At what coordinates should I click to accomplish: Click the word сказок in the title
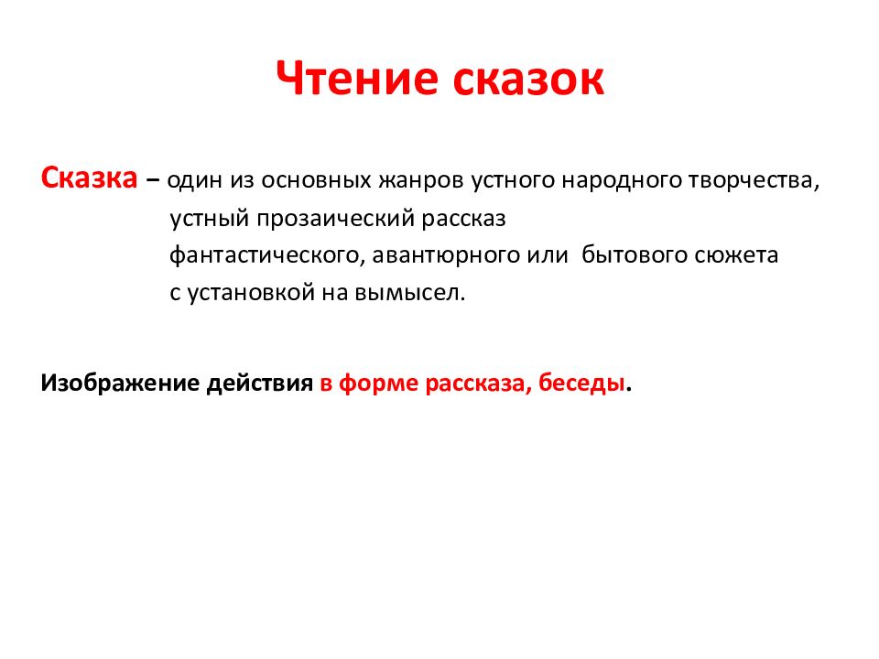coord(526,81)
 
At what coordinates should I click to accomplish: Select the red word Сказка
coord(89,178)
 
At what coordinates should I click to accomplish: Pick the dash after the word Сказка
coord(152,180)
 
